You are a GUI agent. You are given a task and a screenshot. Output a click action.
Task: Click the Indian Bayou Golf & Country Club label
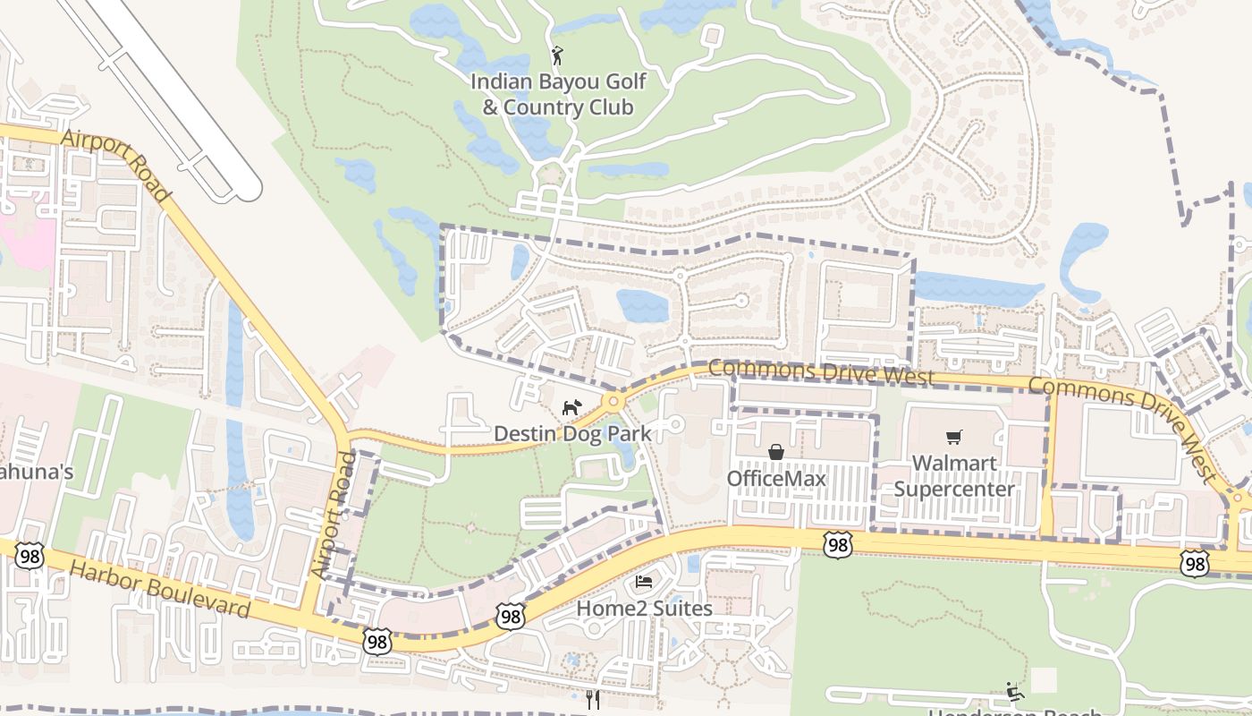[x=559, y=95]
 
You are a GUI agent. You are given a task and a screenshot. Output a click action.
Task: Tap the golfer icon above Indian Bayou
[x=558, y=55]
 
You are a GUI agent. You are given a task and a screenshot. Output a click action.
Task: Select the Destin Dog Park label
[x=572, y=434]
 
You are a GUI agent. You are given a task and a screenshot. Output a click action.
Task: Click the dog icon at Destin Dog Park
[x=571, y=408]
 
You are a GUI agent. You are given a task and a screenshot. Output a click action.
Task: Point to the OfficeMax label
[x=776, y=478]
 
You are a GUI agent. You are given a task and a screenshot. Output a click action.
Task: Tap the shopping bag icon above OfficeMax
[x=776, y=453]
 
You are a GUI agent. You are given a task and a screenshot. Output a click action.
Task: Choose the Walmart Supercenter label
[x=954, y=476]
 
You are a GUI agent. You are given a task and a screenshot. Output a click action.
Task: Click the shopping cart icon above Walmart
[x=954, y=437]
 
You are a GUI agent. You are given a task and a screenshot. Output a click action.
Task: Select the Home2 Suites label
[x=644, y=609]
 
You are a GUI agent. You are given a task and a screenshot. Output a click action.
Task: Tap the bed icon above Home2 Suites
[x=644, y=582]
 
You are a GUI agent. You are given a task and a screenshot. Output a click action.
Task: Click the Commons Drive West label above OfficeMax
[x=822, y=373]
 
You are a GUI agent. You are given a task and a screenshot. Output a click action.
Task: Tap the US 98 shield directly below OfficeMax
[x=837, y=544]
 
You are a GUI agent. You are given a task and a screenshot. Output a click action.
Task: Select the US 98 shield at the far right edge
[x=1195, y=563]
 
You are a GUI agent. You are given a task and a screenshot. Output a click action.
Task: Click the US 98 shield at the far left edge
[x=30, y=555]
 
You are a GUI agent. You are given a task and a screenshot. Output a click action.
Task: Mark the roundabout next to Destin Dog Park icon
[x=613, y=401]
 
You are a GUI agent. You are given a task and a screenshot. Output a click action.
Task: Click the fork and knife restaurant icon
[x=593, y=700]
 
